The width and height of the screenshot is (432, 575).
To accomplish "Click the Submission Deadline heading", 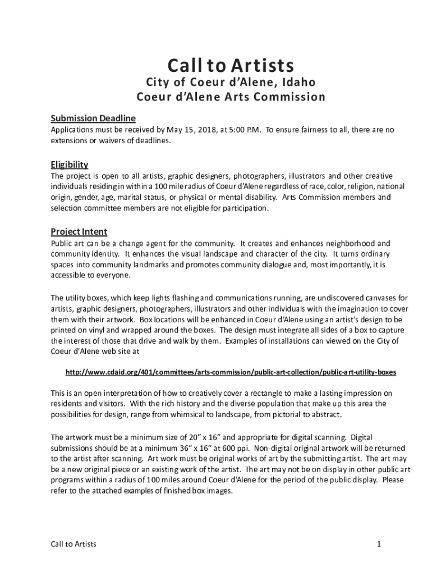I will [x=93, y=118].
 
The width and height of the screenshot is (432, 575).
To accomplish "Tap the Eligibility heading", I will [x=70, y=165].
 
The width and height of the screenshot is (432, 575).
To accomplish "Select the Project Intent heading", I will [x=79, y=232].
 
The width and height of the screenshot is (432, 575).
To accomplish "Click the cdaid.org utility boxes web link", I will [x=231, y=372].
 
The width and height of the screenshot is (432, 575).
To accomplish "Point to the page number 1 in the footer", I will [x=379, y=544].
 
